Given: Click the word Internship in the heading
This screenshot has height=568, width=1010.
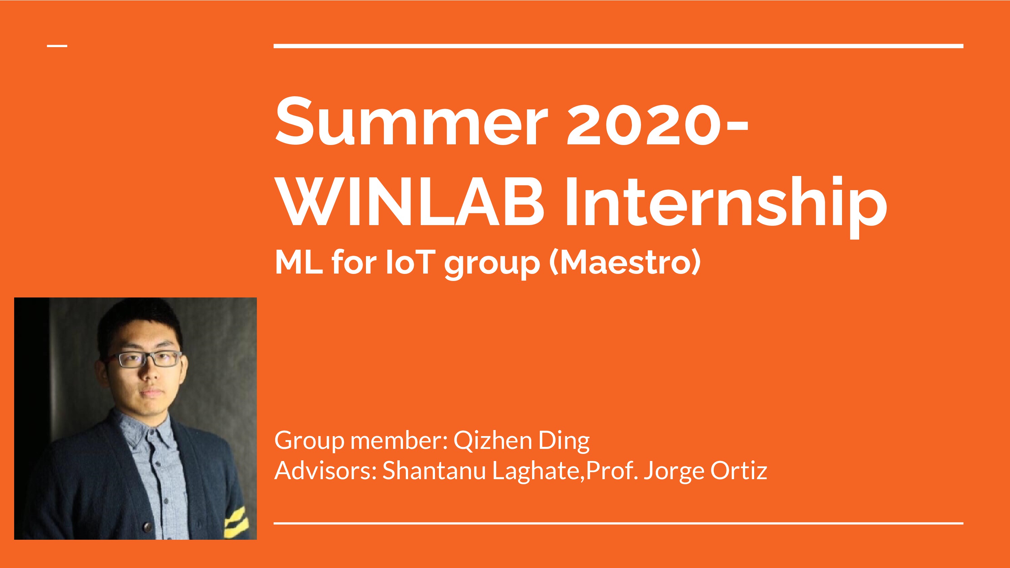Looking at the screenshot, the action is pyautogui.click(x=726, y=206).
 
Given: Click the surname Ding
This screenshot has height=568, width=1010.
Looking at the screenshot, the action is pyautogui.click(x=564, y=441).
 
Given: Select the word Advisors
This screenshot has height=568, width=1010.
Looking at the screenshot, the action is pyautogui.click(x=326, y=470).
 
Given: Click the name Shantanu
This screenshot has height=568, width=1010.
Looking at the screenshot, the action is pyautogui.click(x=434, y=470).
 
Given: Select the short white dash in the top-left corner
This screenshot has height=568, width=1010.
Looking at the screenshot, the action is pyautogui.click(x=57, y=46).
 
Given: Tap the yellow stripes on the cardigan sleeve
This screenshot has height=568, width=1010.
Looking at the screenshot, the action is pyautogui.click(x=235, y=521).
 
